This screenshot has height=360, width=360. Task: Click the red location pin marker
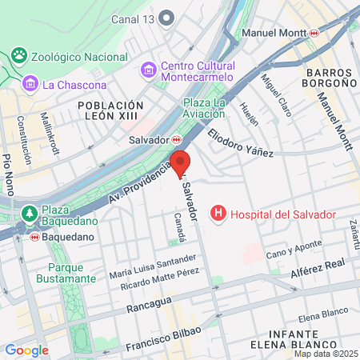[180, 162]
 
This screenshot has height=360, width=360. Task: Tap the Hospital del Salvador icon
[216, 213]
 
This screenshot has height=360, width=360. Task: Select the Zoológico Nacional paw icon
[18, 56]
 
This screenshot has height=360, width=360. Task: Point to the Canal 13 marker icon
[167, 18]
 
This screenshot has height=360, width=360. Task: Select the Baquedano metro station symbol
[34, 237]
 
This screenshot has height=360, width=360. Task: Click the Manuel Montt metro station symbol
[315, 34]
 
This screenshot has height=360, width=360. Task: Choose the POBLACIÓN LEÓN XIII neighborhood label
[110, 111]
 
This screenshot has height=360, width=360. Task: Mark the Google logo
[26, 350]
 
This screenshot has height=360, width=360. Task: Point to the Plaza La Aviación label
[209, 110]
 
